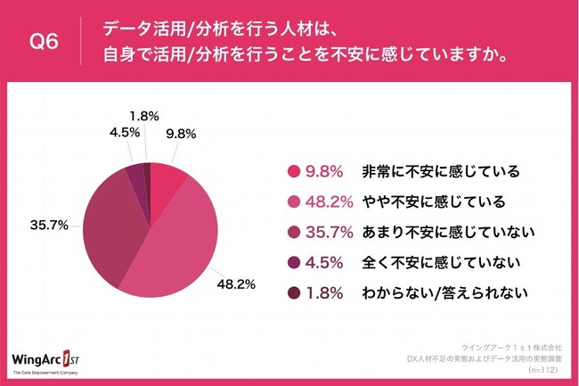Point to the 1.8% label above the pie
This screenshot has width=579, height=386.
144,116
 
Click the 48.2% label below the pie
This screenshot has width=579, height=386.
238,284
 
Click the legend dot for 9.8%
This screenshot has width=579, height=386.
292,172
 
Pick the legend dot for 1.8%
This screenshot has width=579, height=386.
292,292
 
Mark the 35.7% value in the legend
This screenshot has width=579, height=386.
327,232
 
